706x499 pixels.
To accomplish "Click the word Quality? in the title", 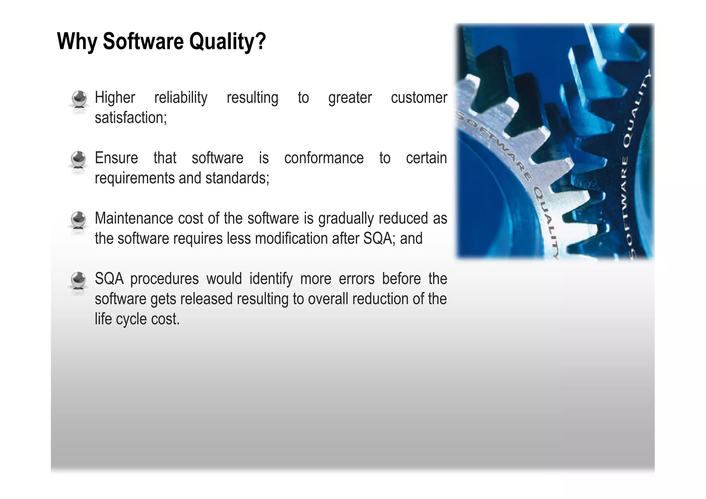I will (x=228, y=41).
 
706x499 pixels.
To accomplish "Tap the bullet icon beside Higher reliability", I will (x=79, y=99).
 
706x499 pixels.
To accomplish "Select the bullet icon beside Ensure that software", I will (x=79, y=160).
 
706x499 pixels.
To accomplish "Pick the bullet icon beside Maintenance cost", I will (x=79, y=220).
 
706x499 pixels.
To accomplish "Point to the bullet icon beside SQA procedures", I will (x=79, y=280).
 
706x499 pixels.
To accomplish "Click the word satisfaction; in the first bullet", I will (x=131, y=118).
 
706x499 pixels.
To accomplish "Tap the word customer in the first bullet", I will (x=419, y=98).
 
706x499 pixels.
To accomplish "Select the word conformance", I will (x=324, y=158).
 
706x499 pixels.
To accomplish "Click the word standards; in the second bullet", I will (x=237, y=178).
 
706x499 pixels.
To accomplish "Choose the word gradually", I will (x=346, y=219).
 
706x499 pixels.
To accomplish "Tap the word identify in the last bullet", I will (x=271, y=279).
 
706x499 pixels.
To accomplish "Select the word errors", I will (x=356, y=279).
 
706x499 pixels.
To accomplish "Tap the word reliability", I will (x=181, y=98).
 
